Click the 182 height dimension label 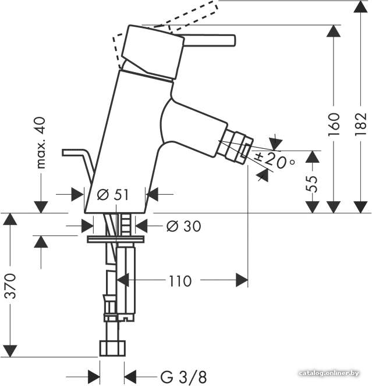(x=361, y=124)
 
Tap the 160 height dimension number (x=334, y=124)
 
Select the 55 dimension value (x=311, y=184)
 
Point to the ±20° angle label (x=275, y=160)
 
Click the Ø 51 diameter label (x=113, y=195)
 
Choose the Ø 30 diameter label (x=183, y=226)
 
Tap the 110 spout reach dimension (x=180, y=281)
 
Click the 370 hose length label (x=10, y=285)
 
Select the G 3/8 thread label (x=183, y=377)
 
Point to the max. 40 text (x=41, y=143)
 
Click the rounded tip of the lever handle (x=233, y=40)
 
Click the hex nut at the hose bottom (x=112, y=348)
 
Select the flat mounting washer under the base (x=116, y=239)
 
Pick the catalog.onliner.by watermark (x=328, y=373)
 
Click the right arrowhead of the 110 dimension (x=242, y=280)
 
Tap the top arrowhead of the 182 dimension (x=361, y=6)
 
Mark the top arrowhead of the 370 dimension (x=10, y=219)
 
